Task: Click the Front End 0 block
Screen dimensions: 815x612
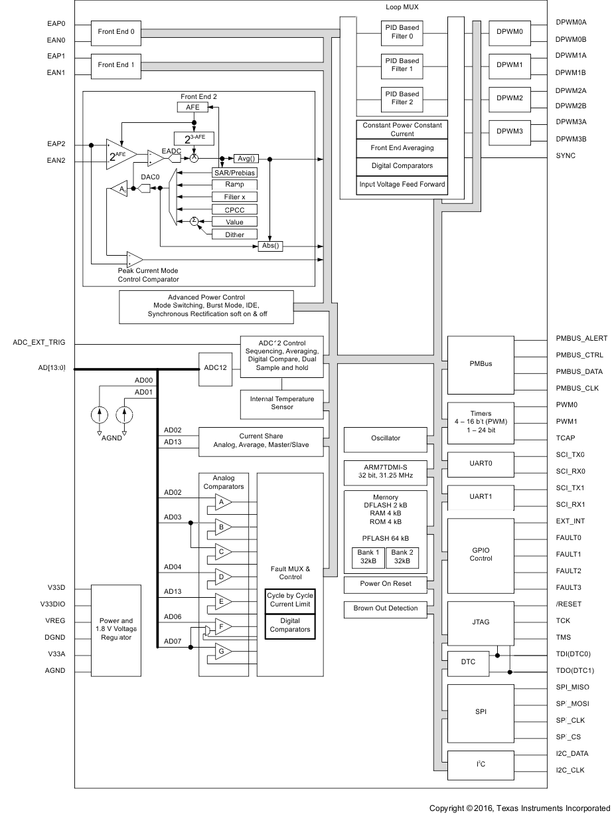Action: (116, 32)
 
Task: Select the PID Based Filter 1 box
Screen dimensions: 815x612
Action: (402, 65)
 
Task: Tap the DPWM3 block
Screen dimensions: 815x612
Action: (509, 132)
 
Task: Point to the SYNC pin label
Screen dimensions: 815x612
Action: (566, 156)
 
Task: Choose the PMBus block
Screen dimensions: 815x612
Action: (481, 364)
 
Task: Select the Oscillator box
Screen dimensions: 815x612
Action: (385, 439)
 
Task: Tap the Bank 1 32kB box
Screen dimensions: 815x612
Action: (367, 557)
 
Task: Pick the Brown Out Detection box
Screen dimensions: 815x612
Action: (385, 608)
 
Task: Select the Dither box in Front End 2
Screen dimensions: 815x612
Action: (234, 234)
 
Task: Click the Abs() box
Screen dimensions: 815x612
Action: (270, 246)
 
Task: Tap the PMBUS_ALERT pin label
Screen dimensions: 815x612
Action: (581, 339)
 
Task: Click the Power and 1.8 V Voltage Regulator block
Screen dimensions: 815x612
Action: (116, 630)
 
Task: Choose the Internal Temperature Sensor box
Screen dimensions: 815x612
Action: (281, 403)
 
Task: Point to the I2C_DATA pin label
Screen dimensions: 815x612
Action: (572, 754)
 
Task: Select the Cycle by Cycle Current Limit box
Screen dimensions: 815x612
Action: (290, 600)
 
